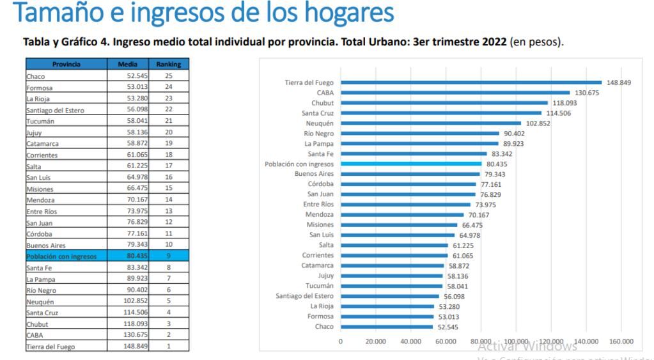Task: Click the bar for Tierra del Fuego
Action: coord(471,82)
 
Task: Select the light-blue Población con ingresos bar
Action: coord(411,164)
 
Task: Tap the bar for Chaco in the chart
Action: coord(387,327)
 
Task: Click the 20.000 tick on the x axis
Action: coord(375,341)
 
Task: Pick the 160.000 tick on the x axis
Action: coord(621,341)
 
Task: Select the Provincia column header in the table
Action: coord(67,65)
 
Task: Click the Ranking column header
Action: coord(168,65)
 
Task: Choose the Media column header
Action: coord(128,65)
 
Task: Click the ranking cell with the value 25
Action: coord(168,75)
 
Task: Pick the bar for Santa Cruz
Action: coord(441,113)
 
